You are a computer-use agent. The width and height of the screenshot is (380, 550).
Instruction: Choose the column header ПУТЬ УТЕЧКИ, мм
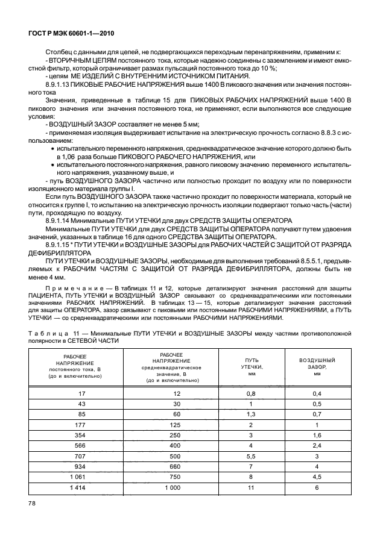coord(249,366)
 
